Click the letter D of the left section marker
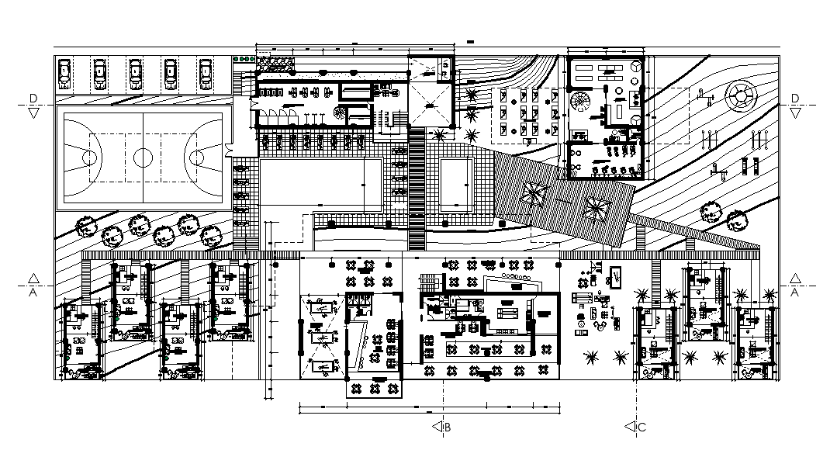pyautogui.click(x=33, y=97)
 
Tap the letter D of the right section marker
pyautogui.click(x=795, y=97)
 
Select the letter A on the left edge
pyautogui.click(x=33, y=293)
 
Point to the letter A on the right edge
pyautogui.click(x=795, y=293)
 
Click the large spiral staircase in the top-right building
pyautogui.click(x=580, y=102)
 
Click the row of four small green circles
pyautogui.click(x=244, y=58)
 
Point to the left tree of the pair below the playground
pyautogui.click(x=711, y=212)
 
